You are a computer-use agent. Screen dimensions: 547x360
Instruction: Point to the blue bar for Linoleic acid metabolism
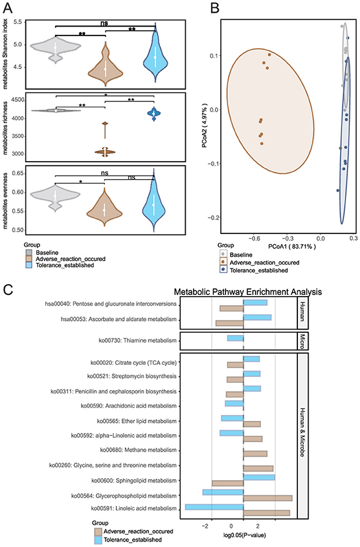click(x=214, y=508)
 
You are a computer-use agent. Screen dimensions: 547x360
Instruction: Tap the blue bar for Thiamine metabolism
click(x=235, y=338)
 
